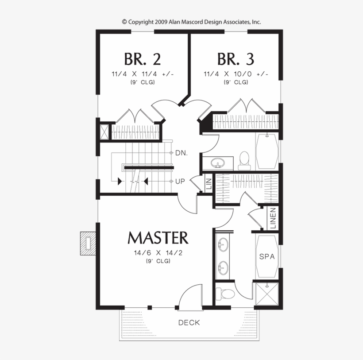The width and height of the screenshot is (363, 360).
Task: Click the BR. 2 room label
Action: [143, 59]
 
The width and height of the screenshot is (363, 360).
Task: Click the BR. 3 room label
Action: [236, 59]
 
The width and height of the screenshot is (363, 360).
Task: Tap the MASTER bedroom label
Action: [158, 237]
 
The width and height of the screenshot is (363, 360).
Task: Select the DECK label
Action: [189, 322]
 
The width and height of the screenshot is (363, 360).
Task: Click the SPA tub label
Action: [267, 256]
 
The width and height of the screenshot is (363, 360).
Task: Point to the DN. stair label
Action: [181, 153]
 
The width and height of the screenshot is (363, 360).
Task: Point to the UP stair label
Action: [180, 182]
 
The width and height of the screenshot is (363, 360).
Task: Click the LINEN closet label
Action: [273, 218]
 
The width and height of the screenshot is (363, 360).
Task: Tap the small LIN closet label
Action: [209, 184]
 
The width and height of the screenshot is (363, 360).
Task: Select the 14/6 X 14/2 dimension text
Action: [158, 253]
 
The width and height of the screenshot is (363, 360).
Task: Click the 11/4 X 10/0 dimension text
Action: [236, 74]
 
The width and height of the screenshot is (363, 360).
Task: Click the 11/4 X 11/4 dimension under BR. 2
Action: [143, 74]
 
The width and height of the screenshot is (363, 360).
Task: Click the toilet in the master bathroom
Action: [225, 294]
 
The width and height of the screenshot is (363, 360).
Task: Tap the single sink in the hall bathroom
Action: [218, 163]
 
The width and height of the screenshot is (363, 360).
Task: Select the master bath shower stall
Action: [266, 294]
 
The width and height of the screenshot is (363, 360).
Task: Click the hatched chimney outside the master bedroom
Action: [88, 243]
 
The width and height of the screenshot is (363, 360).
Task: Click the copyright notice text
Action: [191, 22]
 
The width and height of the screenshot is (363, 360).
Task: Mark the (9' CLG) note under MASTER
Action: [158, 261]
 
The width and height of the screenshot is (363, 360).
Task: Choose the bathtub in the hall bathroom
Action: [266, 151]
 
